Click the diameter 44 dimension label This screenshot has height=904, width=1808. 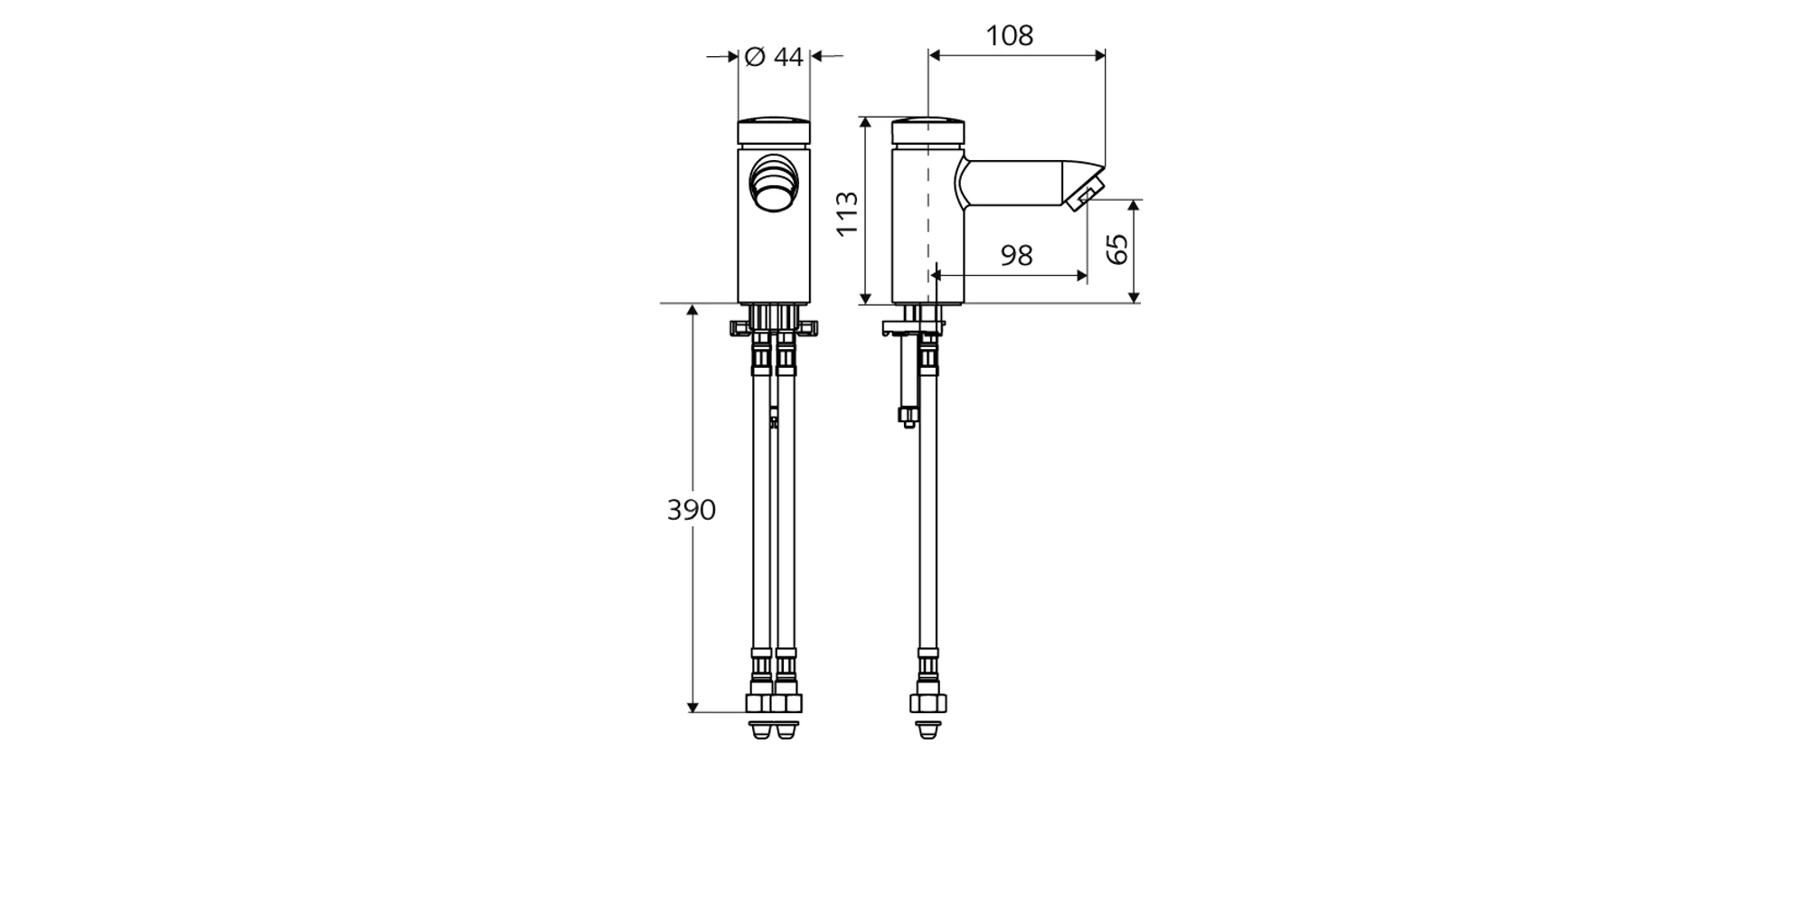click(774, 57)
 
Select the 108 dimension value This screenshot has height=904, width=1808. click(1009, 36)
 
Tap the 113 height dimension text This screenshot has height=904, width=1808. click(847, 214)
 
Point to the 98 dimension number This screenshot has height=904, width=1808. click(1016, 256)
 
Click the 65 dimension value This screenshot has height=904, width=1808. click(1118, 249)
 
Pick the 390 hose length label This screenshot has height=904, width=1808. click(692, 510)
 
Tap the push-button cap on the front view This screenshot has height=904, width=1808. click(774, 132)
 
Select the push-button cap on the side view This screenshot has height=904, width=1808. click(928, 132)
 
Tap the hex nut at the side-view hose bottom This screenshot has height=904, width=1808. click(928, 704)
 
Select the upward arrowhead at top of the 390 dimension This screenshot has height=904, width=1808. click(692, 311)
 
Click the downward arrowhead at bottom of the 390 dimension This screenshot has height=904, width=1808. click(692, 705)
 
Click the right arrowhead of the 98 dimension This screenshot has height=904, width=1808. click(1080, 276)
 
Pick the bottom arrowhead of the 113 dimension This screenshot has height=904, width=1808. click(866, 297)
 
